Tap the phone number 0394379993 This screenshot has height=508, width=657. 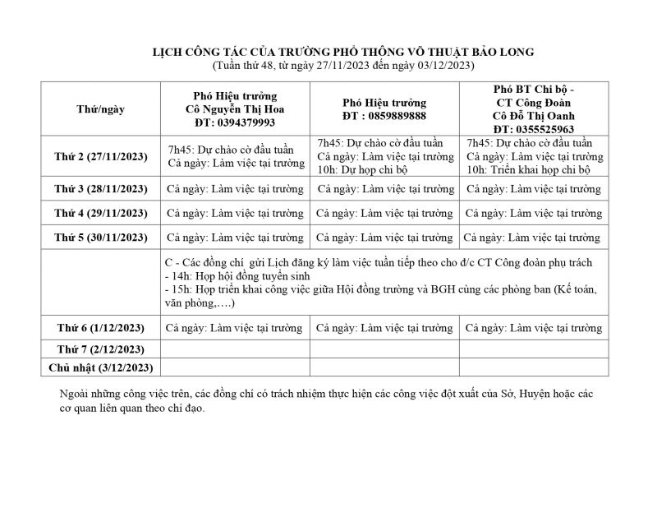click(x=236, y=122)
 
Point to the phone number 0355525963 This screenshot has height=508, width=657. click(x=534, y=129)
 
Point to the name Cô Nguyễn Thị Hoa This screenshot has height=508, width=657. click(x=235, y=109)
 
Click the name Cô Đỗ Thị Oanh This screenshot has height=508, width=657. click(x=534, y=116)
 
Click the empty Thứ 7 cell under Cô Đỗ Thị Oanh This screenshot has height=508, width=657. click(x=533, y=349)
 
